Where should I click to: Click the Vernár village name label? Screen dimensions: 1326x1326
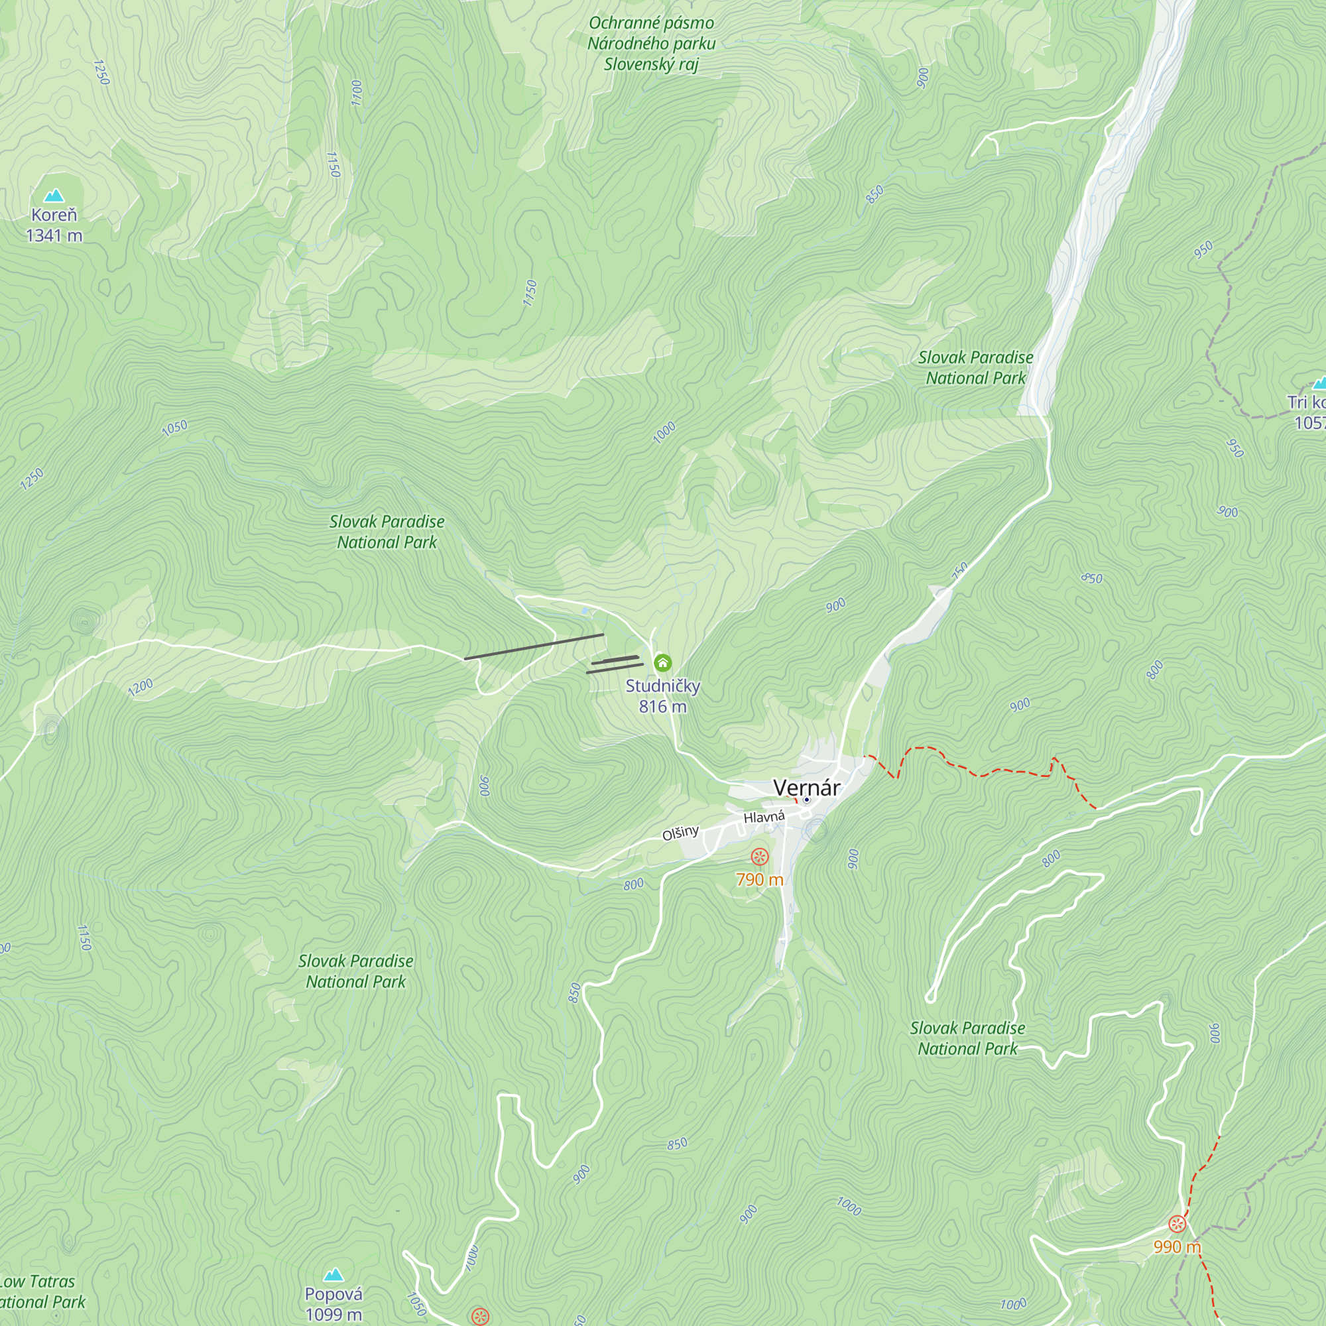click(806, 787)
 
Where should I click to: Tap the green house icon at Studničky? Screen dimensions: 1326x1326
click(662, 662)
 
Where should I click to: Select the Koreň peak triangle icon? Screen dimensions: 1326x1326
click(54, 196)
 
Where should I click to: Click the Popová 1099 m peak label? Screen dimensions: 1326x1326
click(333, 1303)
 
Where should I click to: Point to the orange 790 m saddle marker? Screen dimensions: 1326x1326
click(759, 856)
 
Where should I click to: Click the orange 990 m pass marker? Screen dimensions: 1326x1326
click(1177, 1224)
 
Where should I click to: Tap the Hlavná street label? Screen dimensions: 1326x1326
click(764, 817)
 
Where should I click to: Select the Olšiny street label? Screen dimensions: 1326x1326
click(680, 833)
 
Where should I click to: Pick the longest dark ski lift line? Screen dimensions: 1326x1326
click(534, 646)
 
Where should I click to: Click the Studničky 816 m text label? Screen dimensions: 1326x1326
click(662, 695)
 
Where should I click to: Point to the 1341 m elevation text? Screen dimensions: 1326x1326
click(54, 235)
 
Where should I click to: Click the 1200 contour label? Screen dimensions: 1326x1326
click(140, 687)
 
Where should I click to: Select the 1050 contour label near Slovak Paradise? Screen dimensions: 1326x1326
click(174, 428)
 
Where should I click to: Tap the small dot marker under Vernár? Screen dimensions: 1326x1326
click(806, 800)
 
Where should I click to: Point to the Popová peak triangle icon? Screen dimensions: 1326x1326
click(333, 1274)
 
